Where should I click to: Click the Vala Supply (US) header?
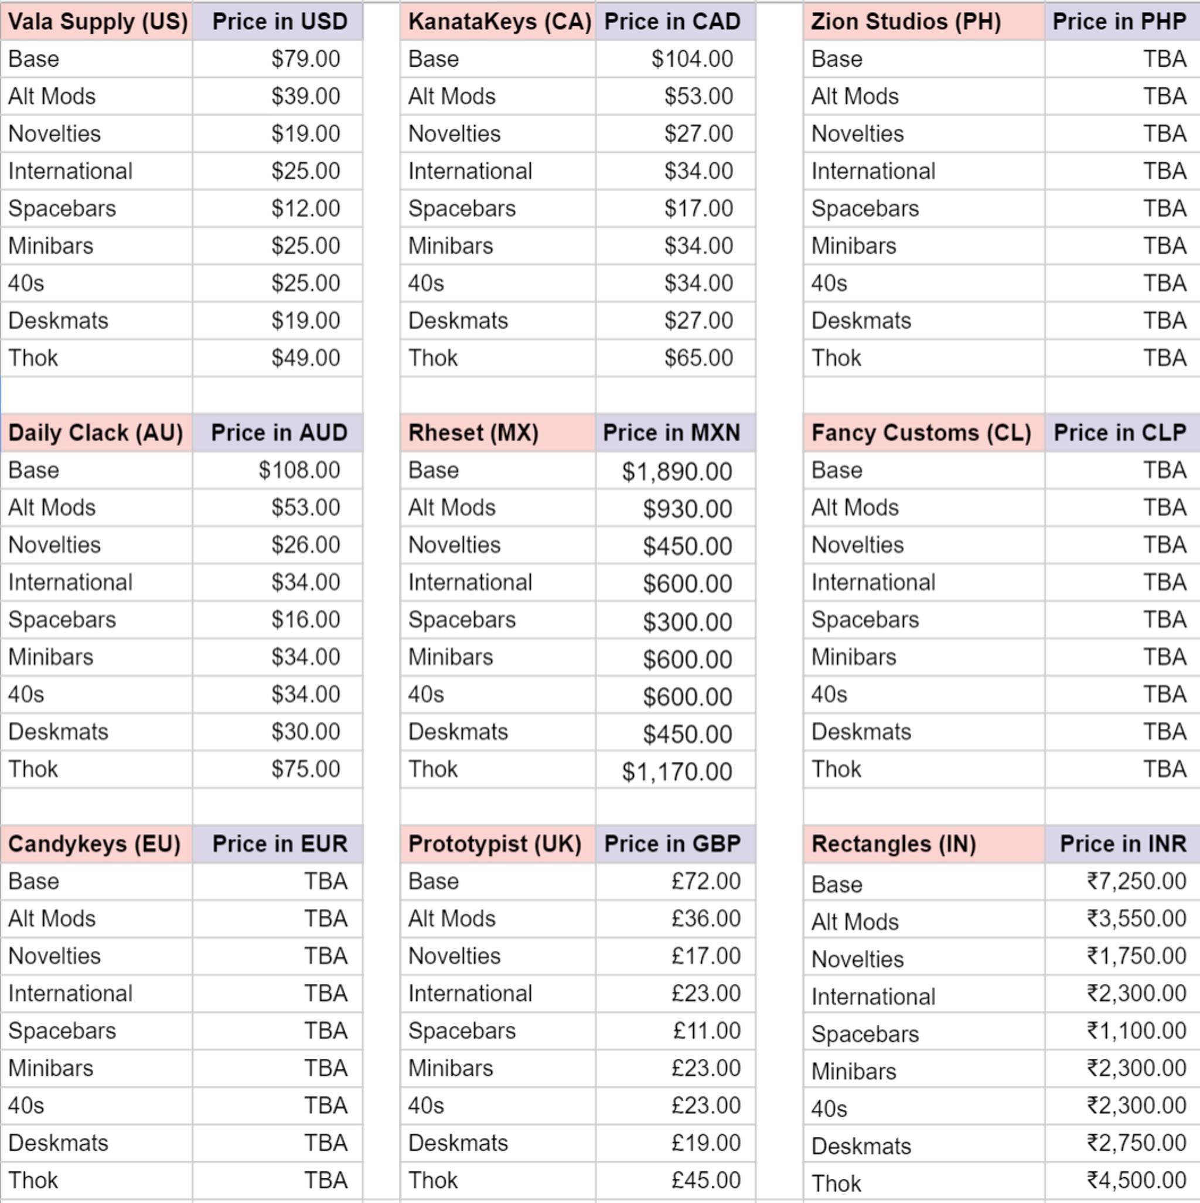click(97, 22)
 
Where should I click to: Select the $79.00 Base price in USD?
click(305, 59)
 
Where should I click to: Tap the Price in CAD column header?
click(672, 22)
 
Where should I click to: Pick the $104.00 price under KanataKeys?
click(691, 59)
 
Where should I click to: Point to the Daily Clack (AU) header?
click(96, 433)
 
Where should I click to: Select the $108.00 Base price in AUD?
click(299, 470)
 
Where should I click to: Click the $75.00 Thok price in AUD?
click(305, 769)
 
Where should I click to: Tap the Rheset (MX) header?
click(473, 433)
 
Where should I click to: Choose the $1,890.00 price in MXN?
click(676, 472)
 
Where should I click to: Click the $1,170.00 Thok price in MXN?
click(676, 772)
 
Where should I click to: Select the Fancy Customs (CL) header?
click(921, 433)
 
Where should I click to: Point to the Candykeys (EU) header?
click(94, 844)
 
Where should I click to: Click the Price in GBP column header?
click(672, 844)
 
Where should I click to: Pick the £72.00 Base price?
click(705, 882)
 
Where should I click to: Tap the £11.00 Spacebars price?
click(706, 1031)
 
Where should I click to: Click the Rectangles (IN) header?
click(894, 844)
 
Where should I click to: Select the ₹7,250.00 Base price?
click(1136, 882)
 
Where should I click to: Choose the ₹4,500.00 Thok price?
click(1136, 1180)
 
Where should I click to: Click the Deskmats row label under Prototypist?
click(458, 1143)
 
